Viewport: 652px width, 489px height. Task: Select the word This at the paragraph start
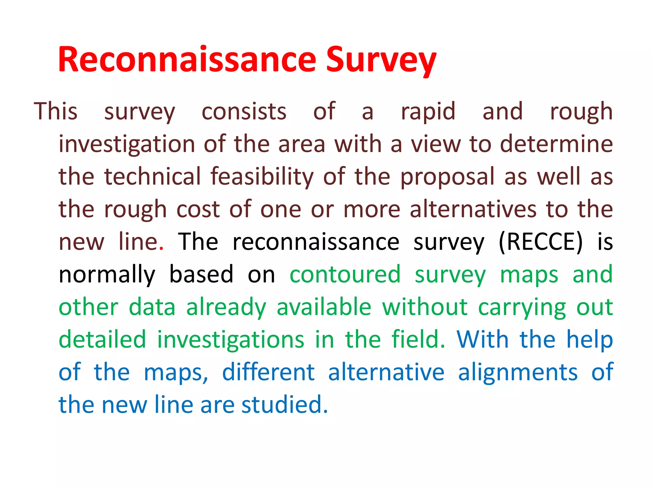pos(56,111)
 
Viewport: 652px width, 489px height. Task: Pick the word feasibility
pos(262,177)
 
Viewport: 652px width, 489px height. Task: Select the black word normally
pos(107,275)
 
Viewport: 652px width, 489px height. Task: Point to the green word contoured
pos(345,274)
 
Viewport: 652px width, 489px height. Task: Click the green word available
pos(324,307)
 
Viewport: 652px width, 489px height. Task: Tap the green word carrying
pos(522,308)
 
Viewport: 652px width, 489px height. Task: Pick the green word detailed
pos(102,340)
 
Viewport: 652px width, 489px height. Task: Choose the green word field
pos(418,340)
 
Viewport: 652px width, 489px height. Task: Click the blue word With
pos(483,340)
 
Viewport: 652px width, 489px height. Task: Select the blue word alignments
pos(518,372)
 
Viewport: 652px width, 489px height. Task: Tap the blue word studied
pos(284,405)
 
